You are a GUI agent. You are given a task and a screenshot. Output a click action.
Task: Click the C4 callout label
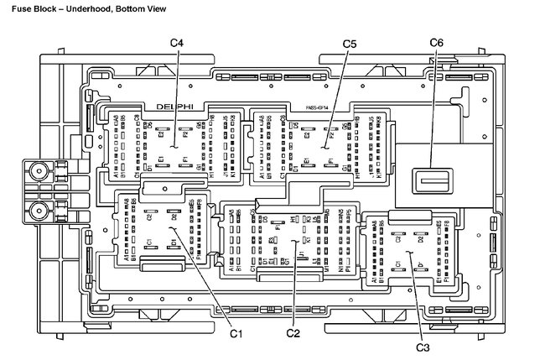179,44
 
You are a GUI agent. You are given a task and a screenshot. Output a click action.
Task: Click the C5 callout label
350,44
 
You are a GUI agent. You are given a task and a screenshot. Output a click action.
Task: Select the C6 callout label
436,44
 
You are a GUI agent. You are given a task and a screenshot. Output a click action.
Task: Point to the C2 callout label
293,333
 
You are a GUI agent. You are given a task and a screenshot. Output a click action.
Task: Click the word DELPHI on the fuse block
174,107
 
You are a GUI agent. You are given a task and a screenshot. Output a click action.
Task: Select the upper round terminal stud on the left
37,173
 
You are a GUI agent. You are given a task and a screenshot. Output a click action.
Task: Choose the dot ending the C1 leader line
171,227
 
